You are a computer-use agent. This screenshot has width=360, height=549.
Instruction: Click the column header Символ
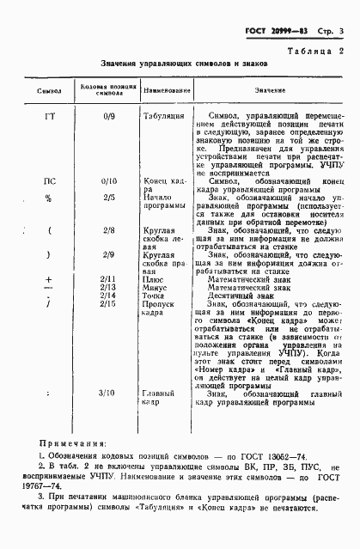pyautogui.click(x=48, y=90)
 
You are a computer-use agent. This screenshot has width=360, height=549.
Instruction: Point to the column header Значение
pyautogui.click(x=271, y=90)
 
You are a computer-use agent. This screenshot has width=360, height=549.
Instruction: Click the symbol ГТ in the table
pyautogui.click(x=49, y=114)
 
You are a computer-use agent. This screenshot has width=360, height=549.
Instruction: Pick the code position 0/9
pyautogui.click(x=107, y=114)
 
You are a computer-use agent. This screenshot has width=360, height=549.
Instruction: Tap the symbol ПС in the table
pyautogui.click(x=49, y=181)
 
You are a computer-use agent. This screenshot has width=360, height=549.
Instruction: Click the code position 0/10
pyautogui.click(x=107, y=181)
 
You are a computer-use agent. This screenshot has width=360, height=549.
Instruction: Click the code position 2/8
pyautogui.click(x=107, y=231)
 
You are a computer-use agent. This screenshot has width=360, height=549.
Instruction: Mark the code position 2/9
pyautogui.click(x=107, y=255)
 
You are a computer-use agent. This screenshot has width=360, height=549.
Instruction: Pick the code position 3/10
pyautogui.click(x=107, y=393)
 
